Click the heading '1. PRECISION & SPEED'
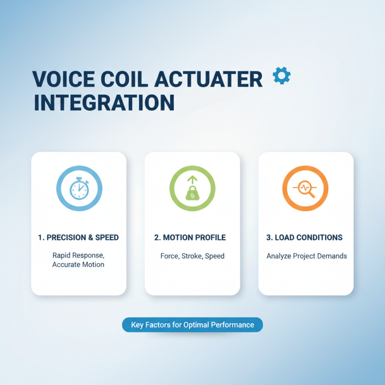pos(78,238)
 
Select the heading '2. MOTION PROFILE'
pos(192,238)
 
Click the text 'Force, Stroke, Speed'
pos(192,256)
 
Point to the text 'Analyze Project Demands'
pos(307,256)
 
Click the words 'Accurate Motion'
pos(78,265)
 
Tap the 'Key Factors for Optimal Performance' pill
pos(192,325)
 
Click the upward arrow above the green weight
pos(192,180)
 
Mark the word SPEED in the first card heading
pos(106,238)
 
